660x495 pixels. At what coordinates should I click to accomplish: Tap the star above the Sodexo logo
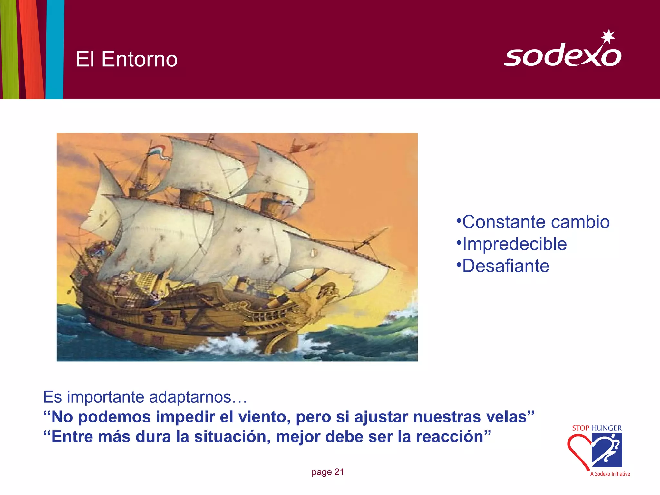608,36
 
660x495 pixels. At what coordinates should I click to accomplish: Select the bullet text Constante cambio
536,222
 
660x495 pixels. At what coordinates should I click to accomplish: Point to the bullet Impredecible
514,244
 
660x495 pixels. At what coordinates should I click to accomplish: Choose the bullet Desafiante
506,266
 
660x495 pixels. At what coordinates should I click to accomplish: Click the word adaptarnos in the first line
190,397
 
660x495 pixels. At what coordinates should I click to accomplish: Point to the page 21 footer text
327,472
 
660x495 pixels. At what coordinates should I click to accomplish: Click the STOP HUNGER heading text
597,428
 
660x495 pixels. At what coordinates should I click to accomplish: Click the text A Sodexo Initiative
610,474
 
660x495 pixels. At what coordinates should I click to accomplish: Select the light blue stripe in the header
55,48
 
